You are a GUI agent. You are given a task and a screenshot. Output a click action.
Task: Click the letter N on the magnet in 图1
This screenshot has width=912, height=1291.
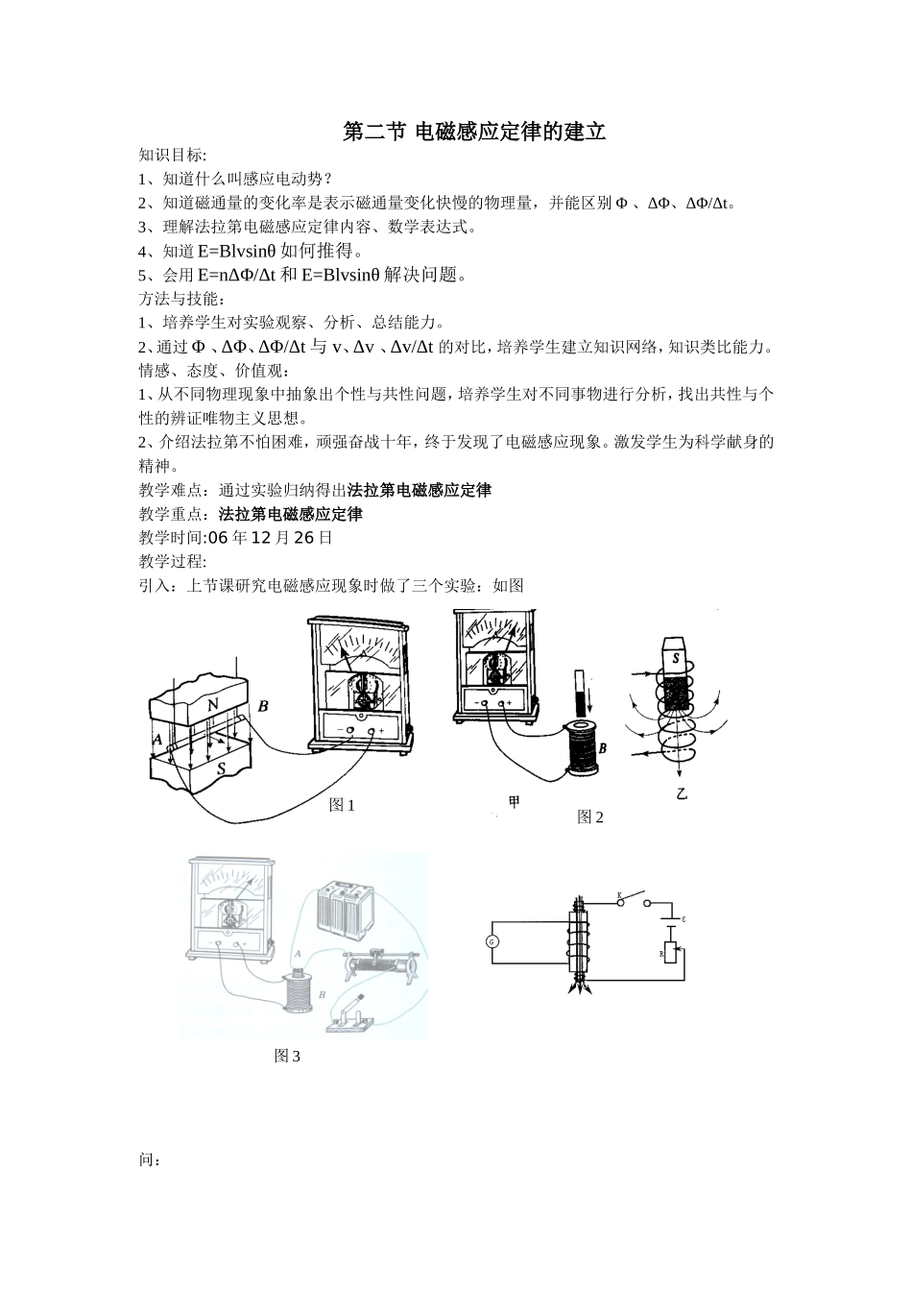[212, 702]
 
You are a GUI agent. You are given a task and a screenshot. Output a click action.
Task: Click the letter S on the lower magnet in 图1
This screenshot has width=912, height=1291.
[222, 768]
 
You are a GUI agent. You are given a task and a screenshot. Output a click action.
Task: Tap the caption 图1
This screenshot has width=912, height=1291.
[342, 805]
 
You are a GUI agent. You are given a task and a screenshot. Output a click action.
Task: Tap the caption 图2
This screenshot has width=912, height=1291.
[590, 817]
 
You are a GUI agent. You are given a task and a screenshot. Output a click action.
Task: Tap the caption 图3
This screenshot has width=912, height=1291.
[287, 1056]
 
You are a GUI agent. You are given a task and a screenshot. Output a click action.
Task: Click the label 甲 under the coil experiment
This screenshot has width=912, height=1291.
[515, 802]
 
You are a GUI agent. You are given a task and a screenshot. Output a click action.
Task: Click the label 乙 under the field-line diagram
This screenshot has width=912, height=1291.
[682, 794]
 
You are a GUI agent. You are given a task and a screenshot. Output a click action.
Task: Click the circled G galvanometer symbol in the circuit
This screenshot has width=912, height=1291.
[493, 941]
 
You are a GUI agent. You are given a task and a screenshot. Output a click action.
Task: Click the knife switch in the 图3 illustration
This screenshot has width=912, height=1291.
[351, 1011]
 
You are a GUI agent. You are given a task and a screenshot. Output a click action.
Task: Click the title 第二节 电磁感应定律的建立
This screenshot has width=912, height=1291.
[474, 132]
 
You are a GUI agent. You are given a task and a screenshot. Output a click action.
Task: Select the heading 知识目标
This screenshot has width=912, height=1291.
[172, 155]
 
